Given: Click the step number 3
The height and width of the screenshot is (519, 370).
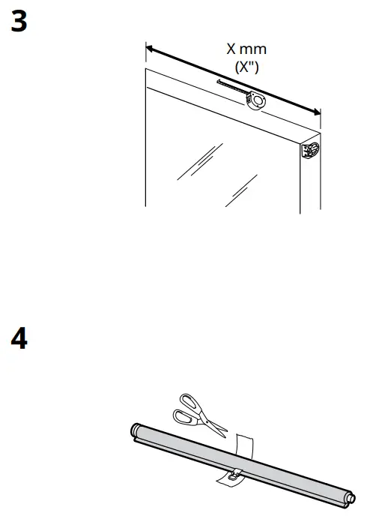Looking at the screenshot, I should tap(19, 22).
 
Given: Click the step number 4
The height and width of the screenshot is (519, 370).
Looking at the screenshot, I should tap(19, 340).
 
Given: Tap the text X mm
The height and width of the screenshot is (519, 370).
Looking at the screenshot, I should tap(246, 50).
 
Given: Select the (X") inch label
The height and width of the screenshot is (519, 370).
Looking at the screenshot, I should tap(246, 66).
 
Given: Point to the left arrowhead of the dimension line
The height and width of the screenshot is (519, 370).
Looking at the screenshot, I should tap(150, 49).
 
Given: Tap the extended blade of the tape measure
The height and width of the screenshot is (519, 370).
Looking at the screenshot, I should tap(231, 87).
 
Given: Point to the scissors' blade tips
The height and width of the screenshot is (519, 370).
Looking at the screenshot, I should tap(224, 436).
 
